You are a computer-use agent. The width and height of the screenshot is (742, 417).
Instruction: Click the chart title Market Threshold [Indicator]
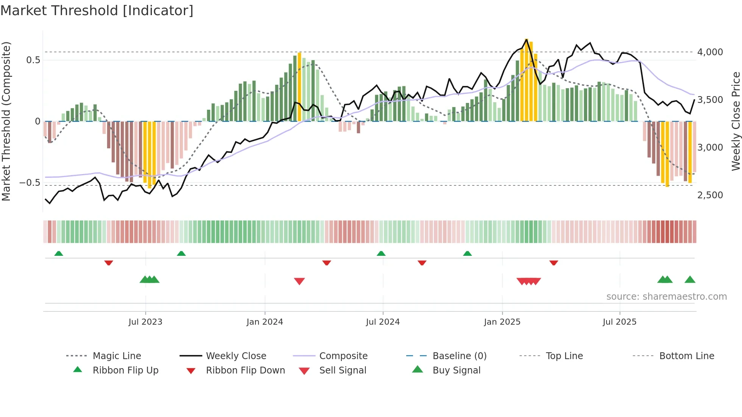(97, 11)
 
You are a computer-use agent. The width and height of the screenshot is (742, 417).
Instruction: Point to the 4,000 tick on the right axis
(710, 52)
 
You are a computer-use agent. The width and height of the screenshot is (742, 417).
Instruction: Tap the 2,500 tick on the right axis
(710, 195)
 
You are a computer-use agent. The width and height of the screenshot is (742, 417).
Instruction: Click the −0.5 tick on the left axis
(30, 183)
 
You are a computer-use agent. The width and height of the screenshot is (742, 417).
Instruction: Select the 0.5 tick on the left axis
(33, 60)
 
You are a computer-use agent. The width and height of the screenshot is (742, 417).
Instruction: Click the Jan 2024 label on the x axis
(265, 322)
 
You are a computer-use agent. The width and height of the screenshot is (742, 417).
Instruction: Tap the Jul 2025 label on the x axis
(619, 322)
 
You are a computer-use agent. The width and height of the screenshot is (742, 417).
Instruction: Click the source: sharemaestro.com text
(666, 297)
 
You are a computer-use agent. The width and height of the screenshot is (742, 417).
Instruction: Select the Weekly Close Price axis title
(736, 121)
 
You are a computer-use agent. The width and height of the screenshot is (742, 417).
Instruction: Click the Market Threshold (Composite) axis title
(6, 121)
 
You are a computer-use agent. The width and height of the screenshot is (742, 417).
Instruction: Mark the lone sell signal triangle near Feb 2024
(299, 281)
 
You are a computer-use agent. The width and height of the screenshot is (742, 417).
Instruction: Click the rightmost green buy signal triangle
(690, 280)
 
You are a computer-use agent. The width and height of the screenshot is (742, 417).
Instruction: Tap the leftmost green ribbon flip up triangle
(59, 254)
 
